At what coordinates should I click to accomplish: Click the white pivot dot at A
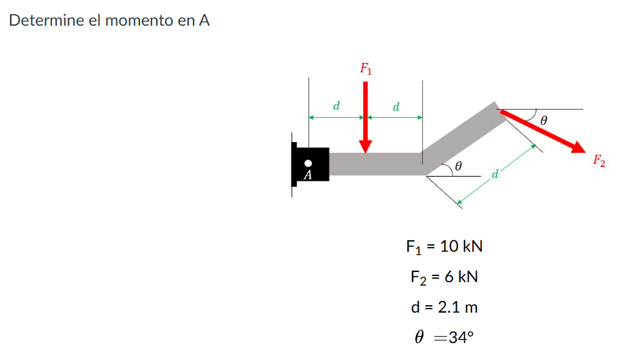(308, 163)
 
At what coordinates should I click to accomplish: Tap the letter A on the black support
(308, 175)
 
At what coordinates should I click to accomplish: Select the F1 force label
(366, 68)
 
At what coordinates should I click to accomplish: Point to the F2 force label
(599, 161)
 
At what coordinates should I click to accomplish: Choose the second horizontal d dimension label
(396, 106)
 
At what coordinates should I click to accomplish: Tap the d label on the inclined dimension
(495, 175)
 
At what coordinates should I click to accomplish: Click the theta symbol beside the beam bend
(457, 165)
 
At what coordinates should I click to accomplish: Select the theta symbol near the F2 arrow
(544, 120)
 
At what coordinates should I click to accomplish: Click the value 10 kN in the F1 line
(461, 246)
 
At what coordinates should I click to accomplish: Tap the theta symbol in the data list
(419, 338)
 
